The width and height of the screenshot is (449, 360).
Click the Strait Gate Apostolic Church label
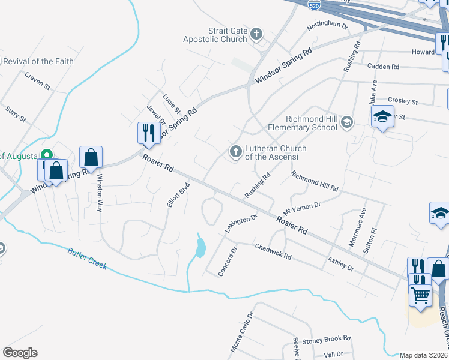pos(228,35)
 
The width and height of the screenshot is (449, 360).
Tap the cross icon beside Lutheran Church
pos(235,152)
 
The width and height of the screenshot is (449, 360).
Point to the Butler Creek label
pos(87,259)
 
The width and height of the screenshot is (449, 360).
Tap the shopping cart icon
pos(420,295)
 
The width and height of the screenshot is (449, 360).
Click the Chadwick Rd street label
pos(273,251)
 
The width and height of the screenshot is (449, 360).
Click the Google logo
pos(20,353)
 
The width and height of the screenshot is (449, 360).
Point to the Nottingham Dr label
pos(327,26)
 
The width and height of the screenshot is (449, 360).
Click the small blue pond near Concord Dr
pos(200,246)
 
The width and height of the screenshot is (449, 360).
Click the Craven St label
pos(37,80)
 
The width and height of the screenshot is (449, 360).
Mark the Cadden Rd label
pos(382,66)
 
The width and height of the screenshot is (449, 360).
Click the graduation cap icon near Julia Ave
pos(382,116)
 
